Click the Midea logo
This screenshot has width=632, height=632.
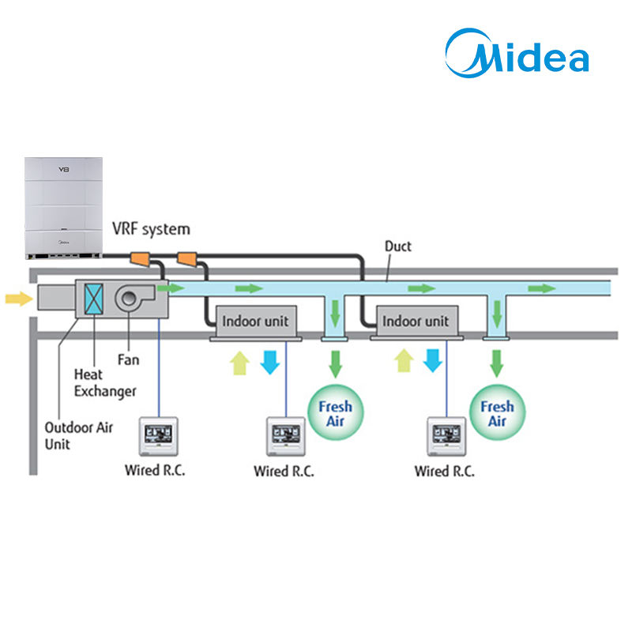pos(517,53)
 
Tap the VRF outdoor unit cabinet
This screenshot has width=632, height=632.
pos(63,208)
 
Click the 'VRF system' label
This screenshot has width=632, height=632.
pos(151,229)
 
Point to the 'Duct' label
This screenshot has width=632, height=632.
pos(398,246)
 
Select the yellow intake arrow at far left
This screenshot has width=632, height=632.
pos(19,299)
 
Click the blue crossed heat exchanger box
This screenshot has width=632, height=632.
pos(93,299)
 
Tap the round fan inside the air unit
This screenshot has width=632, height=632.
pos(129,299)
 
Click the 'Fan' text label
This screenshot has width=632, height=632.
pos(128,359)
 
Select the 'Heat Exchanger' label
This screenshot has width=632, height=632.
pos(105,383)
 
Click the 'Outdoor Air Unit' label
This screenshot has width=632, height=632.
pos(78,436)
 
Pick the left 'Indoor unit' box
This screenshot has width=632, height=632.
pos(255,322)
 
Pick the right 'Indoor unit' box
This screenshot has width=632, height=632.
pos(416,322)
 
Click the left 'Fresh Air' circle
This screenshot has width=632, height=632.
pos(335,412)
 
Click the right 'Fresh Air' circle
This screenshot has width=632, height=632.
pos(498,412)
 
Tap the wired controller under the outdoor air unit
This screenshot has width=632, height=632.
pos(159,437)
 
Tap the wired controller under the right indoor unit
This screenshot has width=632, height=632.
pos(446,437)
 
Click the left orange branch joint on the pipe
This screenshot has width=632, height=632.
pos(140,259)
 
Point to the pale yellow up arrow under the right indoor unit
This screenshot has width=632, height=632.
pos(404,360)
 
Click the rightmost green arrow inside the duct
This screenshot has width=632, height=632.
pos(542,288)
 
